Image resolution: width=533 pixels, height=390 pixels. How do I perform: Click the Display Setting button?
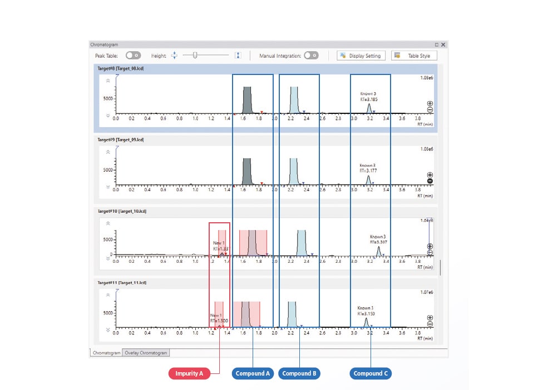click(x=362, y=56)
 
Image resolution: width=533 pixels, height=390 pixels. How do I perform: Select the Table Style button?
click(x=414, y=56)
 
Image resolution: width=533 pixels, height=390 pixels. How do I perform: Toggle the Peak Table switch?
click(x=133, y=56)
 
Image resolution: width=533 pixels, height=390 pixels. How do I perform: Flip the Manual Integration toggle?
click(x=311, y=56)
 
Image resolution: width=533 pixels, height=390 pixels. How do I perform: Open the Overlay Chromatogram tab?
click(x=146, y=353)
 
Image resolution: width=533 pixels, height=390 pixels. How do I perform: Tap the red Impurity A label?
click(x=189, y=373)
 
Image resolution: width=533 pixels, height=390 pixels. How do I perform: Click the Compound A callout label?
click(x=253, y=373)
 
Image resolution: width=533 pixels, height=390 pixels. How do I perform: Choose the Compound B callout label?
click(x=299, y=373)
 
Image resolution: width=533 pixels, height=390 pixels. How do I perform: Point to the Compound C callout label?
click(x=371, y=373)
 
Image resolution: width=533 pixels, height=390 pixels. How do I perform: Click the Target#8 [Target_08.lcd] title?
click(x=121, y=68)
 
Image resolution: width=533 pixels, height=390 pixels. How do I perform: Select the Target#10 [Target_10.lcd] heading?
click(x=122, y=212)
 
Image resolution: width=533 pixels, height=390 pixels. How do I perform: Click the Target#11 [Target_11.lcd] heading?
click(x=121, y=283)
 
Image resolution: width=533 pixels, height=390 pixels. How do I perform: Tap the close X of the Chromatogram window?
click(x=443, y=44)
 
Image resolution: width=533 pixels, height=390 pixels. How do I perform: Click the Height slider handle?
click(x=195, y=55)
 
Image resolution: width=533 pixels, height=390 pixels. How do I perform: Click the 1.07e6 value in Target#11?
click(x=426, y=292)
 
